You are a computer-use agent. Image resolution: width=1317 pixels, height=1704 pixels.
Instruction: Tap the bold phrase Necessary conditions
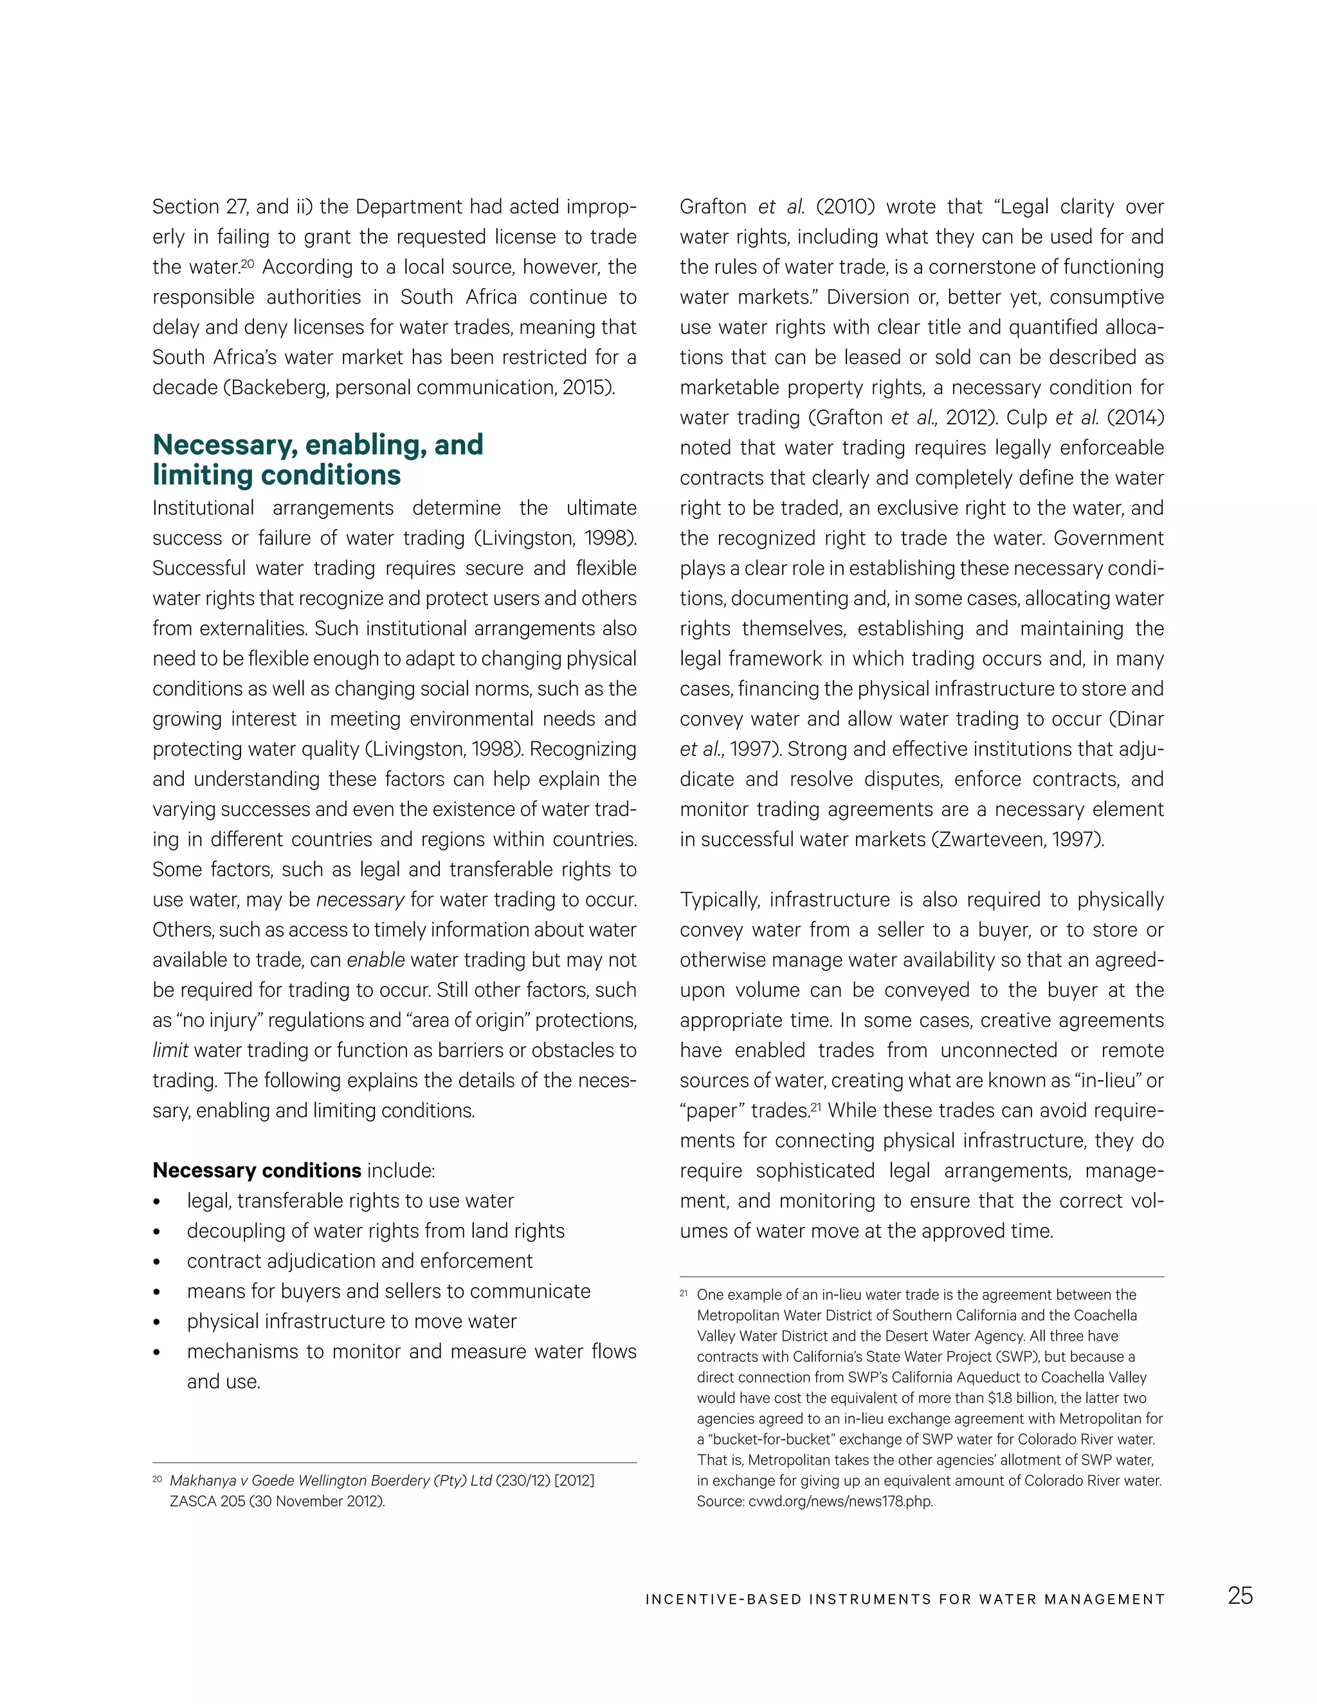(257, 1170)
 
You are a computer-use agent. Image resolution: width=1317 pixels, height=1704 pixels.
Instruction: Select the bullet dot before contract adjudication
(157, 1262)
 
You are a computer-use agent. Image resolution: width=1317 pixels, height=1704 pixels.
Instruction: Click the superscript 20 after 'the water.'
(248, 263)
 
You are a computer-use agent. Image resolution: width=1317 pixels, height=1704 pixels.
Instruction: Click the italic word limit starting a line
(170, 1050)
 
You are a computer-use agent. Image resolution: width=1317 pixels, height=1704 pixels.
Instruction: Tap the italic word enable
(376, 959)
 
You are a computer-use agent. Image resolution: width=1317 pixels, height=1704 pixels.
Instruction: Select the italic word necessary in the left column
(359, 900)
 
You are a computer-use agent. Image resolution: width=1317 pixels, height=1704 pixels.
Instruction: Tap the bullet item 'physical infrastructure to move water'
(351, 1321)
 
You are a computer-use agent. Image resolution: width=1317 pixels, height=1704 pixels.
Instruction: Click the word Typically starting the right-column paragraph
(718, 900)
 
